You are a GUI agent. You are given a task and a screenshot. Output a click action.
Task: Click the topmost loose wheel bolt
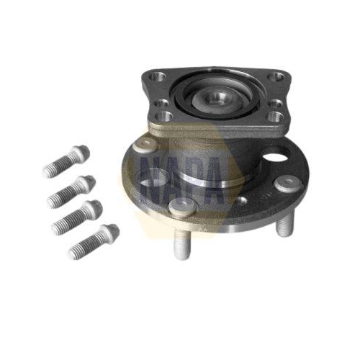(66, 161)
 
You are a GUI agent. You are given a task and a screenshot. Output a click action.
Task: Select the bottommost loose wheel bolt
(94, 241)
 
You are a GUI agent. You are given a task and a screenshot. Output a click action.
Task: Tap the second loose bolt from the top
(71, 192)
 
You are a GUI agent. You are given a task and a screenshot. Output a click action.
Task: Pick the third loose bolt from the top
(77, 217)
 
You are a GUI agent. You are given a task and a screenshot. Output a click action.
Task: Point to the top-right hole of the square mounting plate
(276, 77)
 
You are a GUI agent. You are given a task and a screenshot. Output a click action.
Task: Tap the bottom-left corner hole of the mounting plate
(164, 116)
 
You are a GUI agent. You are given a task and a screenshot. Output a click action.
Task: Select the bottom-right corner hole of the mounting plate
(276, 116)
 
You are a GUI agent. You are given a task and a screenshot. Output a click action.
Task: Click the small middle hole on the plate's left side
(161, 103)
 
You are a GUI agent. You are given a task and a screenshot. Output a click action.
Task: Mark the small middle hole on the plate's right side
(275, 103)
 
